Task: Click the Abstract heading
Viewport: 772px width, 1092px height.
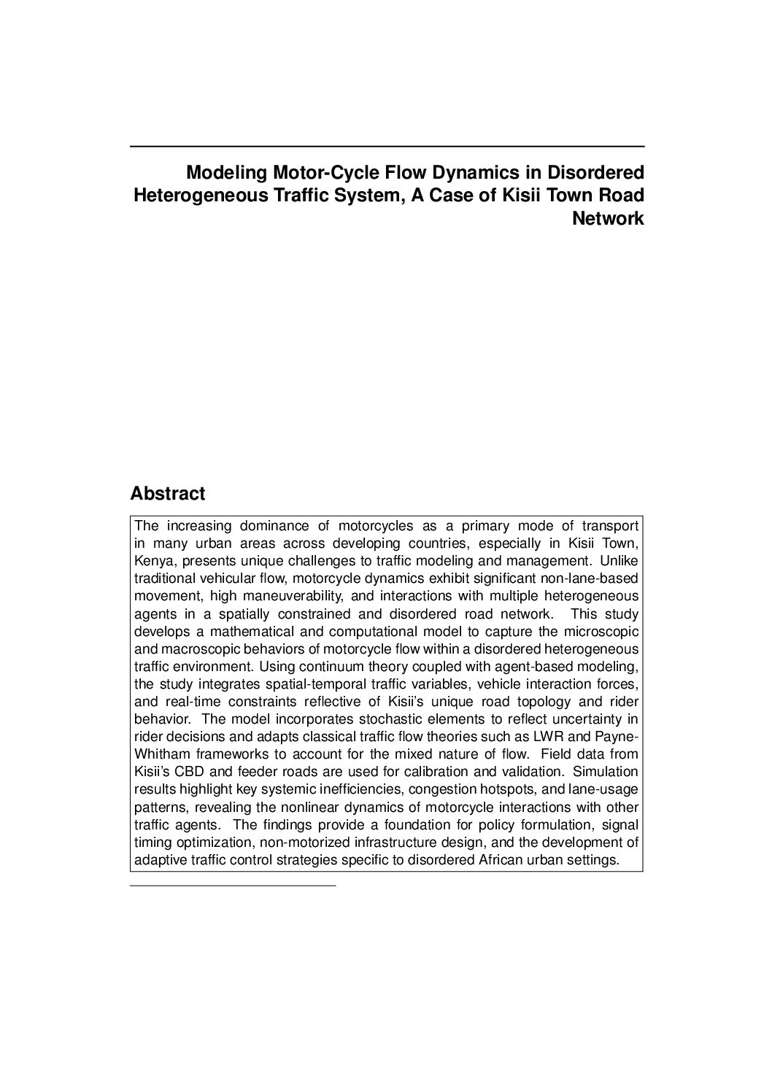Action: tap(167, 494)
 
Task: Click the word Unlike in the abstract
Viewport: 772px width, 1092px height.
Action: tap(619, 561)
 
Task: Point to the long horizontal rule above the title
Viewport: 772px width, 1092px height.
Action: tap(387, 147)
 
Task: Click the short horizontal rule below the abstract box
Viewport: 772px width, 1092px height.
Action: tap(232, 886)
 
